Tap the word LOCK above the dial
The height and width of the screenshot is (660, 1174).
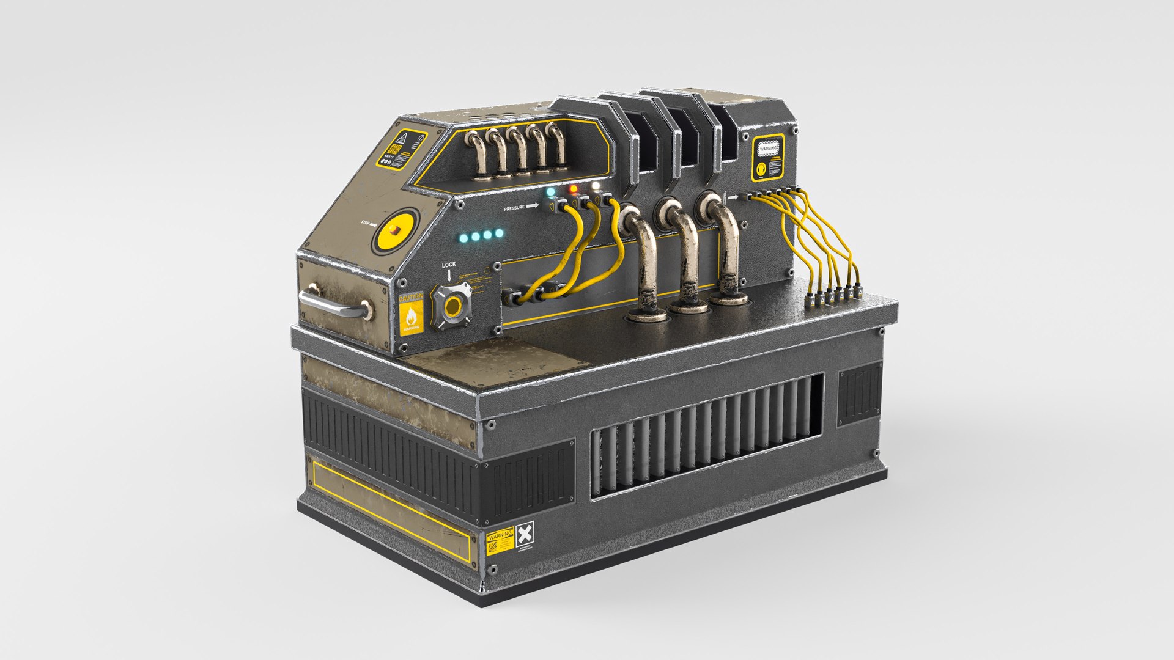449,265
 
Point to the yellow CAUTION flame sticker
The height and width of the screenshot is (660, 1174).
410,313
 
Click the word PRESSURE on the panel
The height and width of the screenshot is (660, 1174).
514,208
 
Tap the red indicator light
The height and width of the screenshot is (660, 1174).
573,189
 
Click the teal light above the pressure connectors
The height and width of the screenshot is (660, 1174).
551,192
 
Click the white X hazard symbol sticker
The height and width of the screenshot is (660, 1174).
525,535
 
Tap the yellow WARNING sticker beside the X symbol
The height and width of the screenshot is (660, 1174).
500,541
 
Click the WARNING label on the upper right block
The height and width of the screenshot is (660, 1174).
767,148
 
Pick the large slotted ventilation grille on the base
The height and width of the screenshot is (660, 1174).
706,435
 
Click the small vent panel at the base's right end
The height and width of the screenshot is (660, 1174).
860,394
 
